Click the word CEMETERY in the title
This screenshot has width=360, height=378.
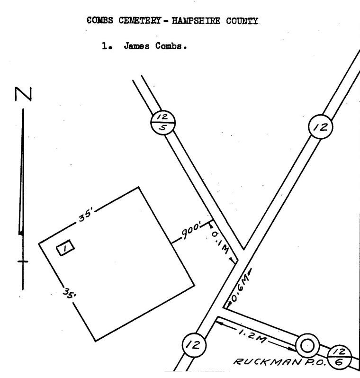140,20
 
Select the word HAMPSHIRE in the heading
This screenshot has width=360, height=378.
196,21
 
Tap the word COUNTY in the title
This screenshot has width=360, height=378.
242,21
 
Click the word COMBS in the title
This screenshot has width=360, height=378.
99,20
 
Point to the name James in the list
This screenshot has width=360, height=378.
136,45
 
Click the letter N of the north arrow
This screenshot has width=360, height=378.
23,94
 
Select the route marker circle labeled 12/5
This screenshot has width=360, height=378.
163,123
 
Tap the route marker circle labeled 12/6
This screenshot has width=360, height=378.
340,357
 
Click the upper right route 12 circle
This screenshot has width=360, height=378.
321,126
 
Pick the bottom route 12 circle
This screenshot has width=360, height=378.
194,345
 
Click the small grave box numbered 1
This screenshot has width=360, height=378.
65,248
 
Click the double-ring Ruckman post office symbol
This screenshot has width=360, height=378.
307,346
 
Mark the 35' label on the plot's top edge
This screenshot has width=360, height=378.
86,216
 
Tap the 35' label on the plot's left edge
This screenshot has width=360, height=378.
70,293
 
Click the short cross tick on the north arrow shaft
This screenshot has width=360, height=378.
23,261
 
